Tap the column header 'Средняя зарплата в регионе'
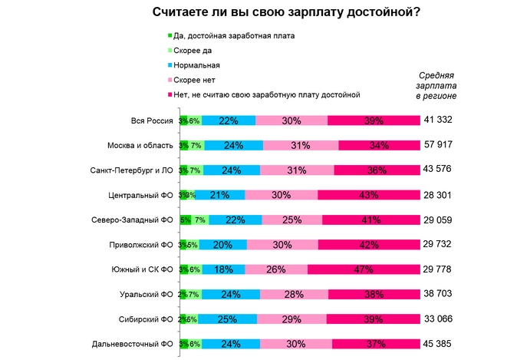436,86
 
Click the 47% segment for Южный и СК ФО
363,269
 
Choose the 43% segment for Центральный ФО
368,195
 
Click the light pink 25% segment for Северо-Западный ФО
291,220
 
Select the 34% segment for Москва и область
378,145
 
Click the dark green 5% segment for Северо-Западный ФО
185,220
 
